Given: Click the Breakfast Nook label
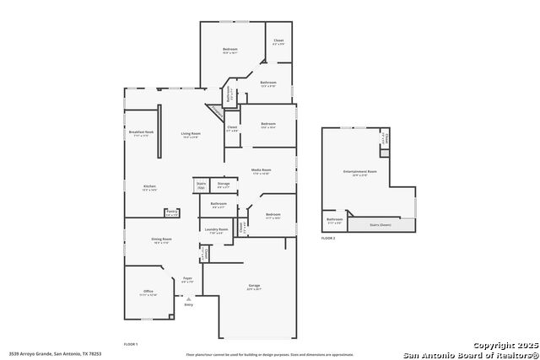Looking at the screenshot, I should (x=141, y=132).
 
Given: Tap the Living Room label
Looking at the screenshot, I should (x=191, y=133).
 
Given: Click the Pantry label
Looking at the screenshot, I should (x=171, y=212).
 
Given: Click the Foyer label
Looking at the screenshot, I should (x=188, y=277).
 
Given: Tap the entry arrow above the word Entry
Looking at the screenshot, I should (x=188, y=297).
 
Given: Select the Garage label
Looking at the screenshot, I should (x=254, y=286).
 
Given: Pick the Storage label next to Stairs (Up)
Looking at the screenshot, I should (x=224, y=183).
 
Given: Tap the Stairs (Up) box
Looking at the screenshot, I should (x=201, y=185).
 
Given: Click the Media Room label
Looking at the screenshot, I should (x=261, y=170).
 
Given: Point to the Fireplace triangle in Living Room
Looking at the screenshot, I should (x=216, y=112).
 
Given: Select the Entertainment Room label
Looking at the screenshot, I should (x=359, y=172).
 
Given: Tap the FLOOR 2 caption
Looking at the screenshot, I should (x=328, y=239).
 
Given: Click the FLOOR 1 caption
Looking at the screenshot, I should (x=131, y=344).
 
